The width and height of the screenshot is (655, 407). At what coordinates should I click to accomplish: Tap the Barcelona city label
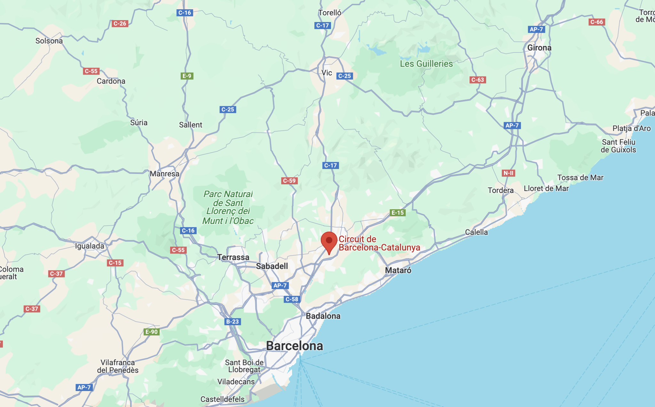pyautogui.click(x=295, y=346)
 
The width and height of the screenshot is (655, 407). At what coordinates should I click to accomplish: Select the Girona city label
pyautogui.click(x=539, y=48)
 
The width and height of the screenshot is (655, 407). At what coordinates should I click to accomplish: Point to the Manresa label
pyautogui.click(x=164, y=174)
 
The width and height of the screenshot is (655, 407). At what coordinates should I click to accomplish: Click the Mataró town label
pyautogui.click(x=398, y=270)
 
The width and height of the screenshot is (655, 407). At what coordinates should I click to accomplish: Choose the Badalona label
pyautogui.click(x=323, y=316)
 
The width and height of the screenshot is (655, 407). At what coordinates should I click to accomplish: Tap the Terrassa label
pyautogui.click(x=233, y=257)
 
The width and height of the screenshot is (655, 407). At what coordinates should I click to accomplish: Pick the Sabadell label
pyautogui.click(x=272, y=266)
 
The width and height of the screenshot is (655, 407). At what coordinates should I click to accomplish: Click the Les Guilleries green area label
pyautogui.click(x=426, y=64)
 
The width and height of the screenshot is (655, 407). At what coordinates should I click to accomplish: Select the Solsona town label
pyautogui.click(x=49, y=41)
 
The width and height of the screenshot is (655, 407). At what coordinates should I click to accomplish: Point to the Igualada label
pyautogui.click(x=90, y=246)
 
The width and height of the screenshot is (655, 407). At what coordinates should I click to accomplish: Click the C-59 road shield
pyautogui.click(x=289, y=181)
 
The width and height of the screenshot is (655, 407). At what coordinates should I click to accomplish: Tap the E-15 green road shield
pyautogui.click(x=398, y=213)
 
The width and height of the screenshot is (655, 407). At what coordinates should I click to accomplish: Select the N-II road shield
pyautogui.click(x=508, y=173)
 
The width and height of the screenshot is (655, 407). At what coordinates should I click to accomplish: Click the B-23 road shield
pyautogui.click(x=233, y=322)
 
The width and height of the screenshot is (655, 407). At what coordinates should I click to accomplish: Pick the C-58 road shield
pyautogui.click(x=292, y=299)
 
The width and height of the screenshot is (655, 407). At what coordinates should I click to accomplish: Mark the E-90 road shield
pyautogui.click(x=152, y=332)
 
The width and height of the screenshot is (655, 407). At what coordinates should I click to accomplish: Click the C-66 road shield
pyautogui.click(x=596, y=22)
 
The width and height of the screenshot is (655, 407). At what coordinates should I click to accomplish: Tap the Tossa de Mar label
pyautogui.click(x=580, y=178)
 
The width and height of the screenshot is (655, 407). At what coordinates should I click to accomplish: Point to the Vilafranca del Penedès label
pyautogui.click(x=118, y=366)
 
